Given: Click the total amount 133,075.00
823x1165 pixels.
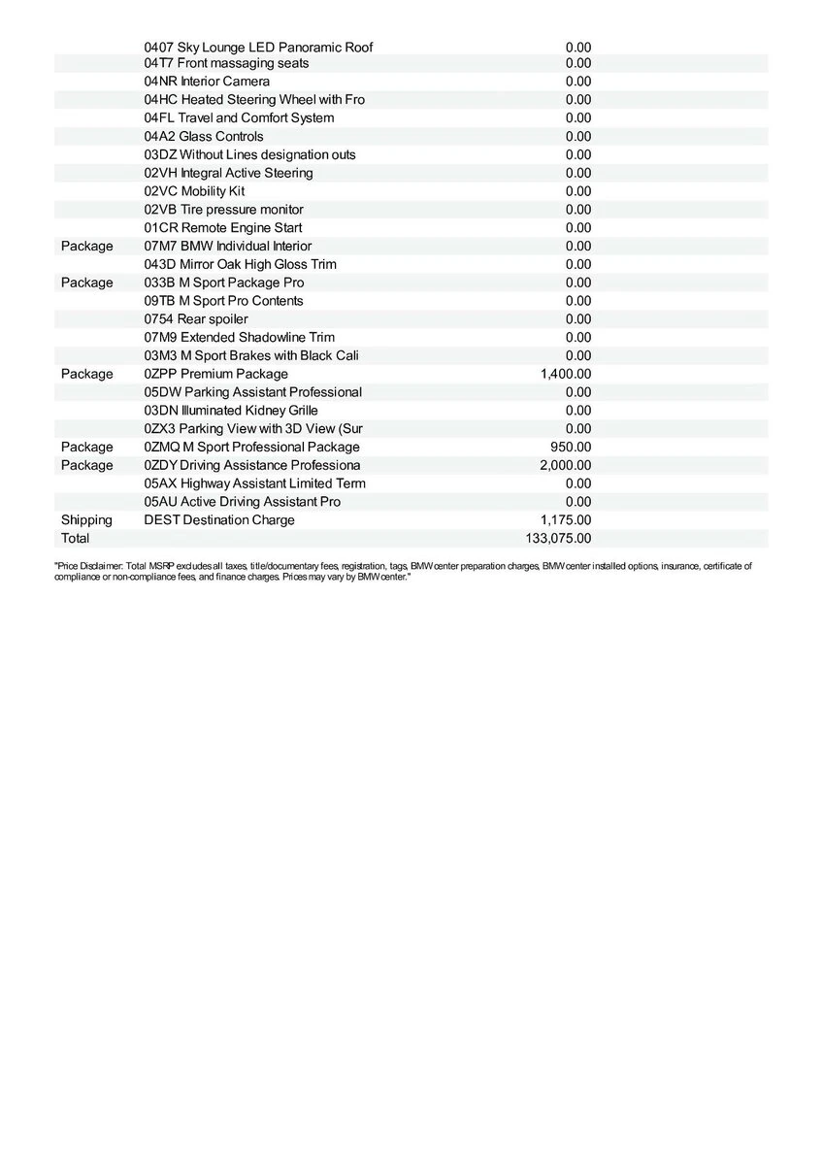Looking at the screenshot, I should (558, 538).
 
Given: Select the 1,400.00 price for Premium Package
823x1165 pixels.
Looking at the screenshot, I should (565, 374).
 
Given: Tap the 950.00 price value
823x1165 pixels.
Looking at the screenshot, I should (571, 447).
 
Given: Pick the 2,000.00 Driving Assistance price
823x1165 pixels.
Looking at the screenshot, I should (565, 465).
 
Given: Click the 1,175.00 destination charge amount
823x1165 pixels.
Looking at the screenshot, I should (565, 520).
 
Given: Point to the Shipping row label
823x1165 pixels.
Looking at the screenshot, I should (86, 520).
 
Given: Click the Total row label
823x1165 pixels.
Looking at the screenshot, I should (75, 538).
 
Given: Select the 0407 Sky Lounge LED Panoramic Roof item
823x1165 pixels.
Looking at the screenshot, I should (258, 47).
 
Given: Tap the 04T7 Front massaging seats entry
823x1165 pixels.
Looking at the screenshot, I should (226, 63).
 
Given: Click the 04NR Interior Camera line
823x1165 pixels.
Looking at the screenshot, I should (207, 82).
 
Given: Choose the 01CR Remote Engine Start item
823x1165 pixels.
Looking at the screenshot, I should (223, 228).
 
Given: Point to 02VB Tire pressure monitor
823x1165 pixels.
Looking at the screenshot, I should (223, 210).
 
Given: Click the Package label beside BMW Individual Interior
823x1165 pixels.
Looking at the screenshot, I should (86, 247).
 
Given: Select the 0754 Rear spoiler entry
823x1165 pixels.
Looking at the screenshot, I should (196, 319).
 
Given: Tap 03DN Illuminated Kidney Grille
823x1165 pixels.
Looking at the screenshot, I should (231, 411).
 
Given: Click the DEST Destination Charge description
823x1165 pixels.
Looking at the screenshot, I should (219, 520).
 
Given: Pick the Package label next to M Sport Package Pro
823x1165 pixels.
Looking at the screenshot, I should (86, 283).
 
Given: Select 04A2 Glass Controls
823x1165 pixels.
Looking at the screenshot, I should (204, 137).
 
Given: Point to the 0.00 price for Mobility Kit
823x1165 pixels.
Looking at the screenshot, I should (578, 191).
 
